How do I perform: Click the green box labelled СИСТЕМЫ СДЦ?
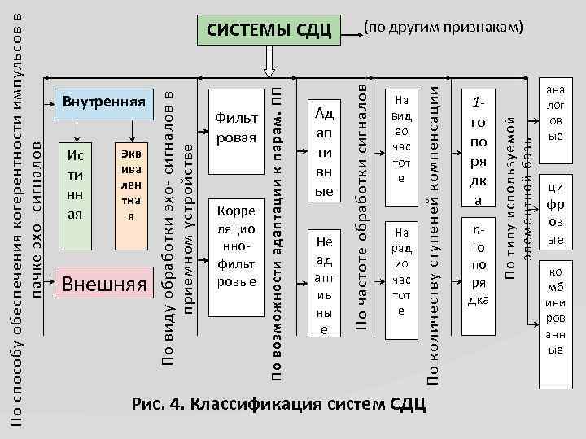click(x=268, y=31)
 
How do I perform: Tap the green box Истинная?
click(x=77, y=185)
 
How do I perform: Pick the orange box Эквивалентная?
click(x=129, y=185)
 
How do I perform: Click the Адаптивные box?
click(x=324, y=152)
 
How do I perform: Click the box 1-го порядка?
click(x=479, y=152)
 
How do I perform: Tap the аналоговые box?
click(x=556, y=111)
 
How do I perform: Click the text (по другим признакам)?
click(x=443, y=27)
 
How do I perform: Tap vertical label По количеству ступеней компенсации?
click(x=434, y=236)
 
